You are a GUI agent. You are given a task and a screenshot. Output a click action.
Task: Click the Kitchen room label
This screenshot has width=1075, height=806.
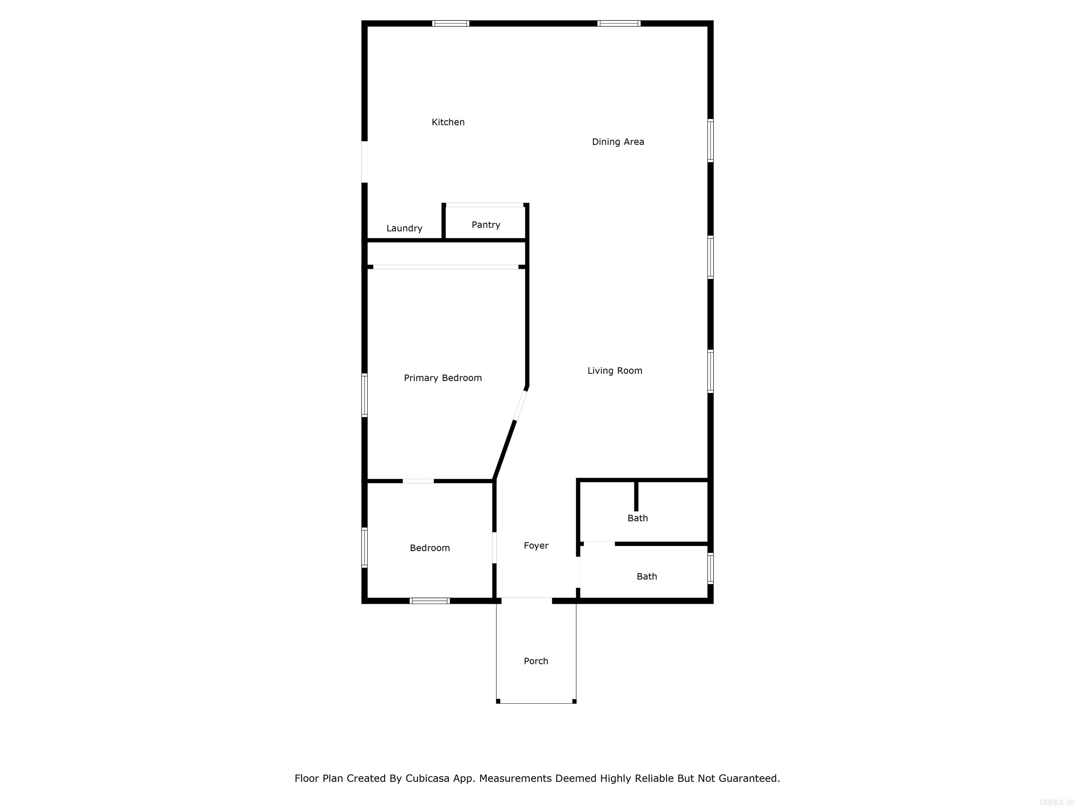[x=448, y=122]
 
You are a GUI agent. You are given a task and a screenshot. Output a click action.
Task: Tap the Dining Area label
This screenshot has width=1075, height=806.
[x=618, y=142]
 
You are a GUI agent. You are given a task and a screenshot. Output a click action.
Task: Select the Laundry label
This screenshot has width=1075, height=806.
[x=404, y=228]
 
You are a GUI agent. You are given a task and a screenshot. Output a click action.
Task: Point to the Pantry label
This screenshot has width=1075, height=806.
[x=485, y=225]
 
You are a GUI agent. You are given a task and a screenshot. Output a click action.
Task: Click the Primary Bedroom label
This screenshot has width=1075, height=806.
[x=443, y=378]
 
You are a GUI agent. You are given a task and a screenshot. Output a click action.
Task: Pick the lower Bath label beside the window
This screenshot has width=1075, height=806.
[x=646, y=576]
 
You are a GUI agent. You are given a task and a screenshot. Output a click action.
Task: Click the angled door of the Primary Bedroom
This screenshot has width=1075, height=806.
[x=520, y=405]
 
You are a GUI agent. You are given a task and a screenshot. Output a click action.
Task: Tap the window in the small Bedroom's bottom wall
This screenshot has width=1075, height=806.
[x=430, y=601]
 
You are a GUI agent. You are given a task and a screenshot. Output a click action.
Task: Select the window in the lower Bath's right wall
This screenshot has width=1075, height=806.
[x=710, y=568]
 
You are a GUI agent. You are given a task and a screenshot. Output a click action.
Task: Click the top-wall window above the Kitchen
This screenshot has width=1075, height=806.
[x=450, y=23]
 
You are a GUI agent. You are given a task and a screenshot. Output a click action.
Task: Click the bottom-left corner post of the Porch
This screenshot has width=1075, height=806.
[x=498, y=701]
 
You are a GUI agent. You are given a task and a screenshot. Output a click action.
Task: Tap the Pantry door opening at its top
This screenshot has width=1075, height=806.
[x=485, y=205]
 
